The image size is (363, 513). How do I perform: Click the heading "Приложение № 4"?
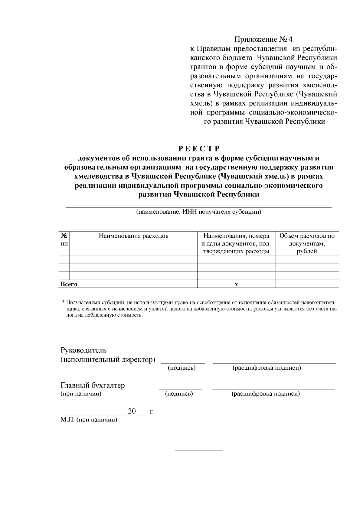point(264,40)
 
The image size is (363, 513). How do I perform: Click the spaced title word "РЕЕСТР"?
point(198,149)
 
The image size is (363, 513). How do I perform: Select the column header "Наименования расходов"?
point(133,236)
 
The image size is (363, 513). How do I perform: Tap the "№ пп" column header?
point(64,240)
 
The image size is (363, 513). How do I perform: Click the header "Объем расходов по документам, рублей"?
point(307,243)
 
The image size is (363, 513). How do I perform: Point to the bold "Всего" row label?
point(69,284)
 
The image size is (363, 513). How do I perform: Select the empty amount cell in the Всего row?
point(307,284)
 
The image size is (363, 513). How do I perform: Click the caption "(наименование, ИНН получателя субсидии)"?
point(198,212)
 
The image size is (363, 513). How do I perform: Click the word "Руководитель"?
point(83,350)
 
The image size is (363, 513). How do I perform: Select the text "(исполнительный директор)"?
point(108,359)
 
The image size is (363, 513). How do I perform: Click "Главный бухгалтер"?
point(93,385)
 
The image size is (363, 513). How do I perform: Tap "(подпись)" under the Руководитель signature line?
point(181,368)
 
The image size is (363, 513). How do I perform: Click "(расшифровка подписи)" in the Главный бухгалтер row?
point(266,394)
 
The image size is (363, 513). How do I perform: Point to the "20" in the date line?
point(132,411)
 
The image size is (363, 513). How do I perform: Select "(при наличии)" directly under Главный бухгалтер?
point(81,394)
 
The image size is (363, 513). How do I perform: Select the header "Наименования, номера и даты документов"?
point(236,243)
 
